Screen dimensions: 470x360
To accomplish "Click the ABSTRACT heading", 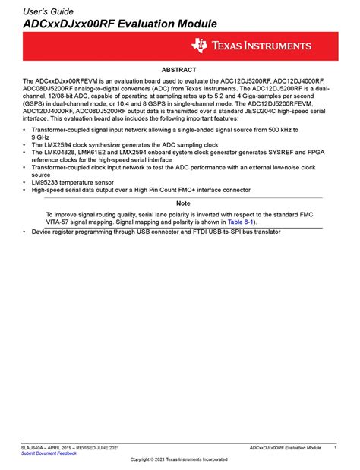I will pos(179,69).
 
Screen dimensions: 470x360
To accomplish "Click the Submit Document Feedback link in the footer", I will pos(49,453).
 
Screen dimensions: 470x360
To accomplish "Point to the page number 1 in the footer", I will pos(335,449).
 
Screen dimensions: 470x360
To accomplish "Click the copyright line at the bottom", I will pos(179,460).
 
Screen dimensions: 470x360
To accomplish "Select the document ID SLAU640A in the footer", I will pos(35,448).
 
